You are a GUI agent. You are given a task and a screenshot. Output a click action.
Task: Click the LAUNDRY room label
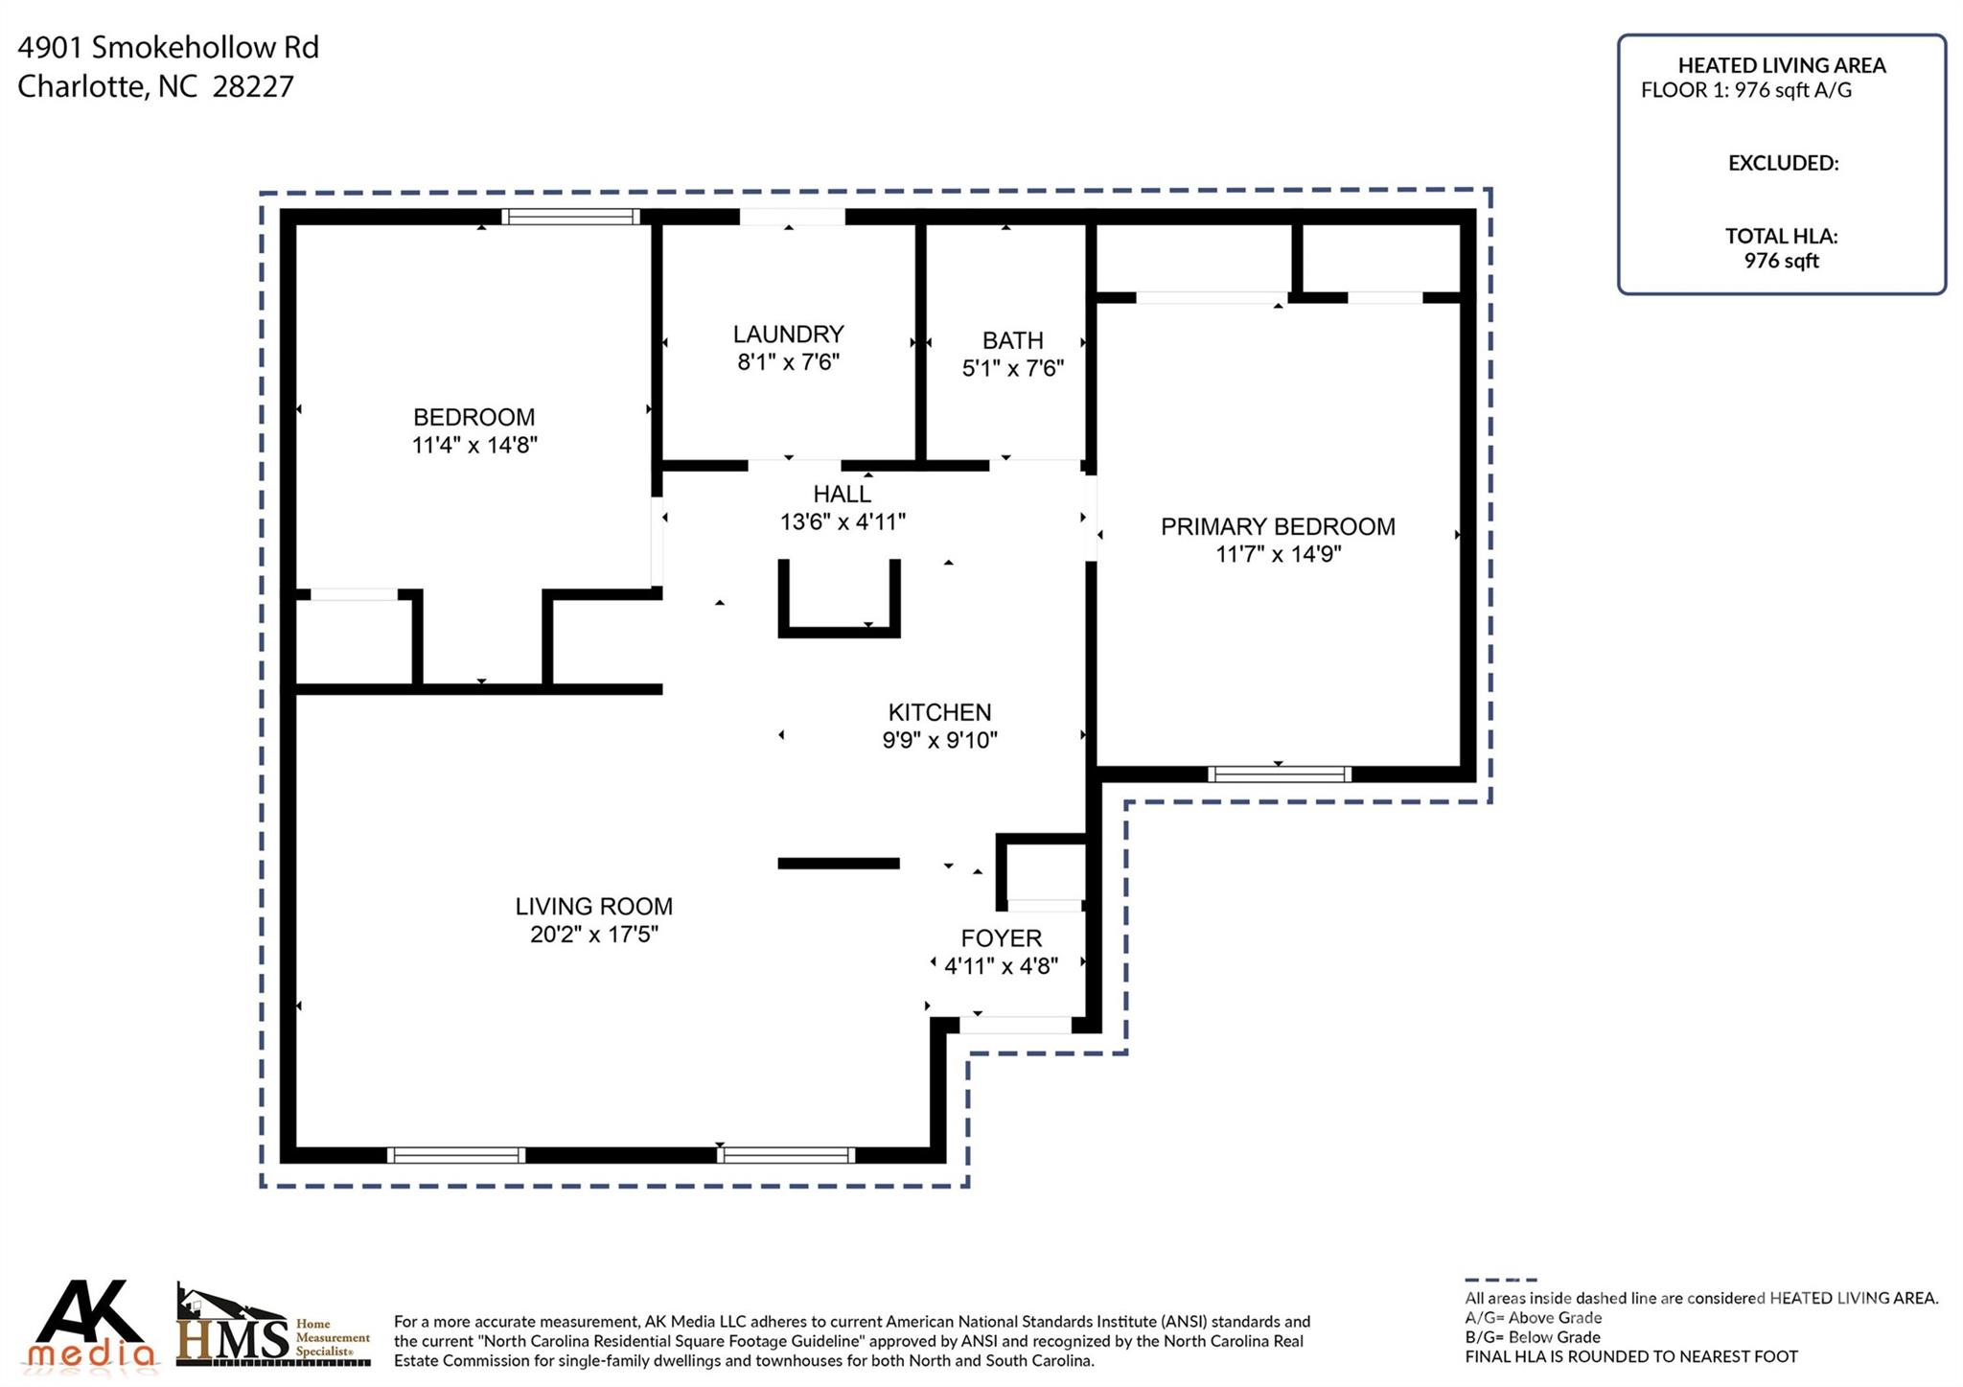point(788,334)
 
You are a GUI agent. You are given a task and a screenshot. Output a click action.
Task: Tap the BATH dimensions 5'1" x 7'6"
point(1012,368)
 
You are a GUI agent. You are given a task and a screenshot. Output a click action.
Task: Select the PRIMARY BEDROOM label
point(1277,526)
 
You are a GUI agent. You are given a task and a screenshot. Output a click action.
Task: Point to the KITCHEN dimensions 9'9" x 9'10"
point(939,740)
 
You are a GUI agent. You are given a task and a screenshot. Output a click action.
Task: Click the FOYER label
point(1001,937)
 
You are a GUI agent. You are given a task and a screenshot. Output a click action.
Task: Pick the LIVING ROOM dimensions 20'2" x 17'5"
point(593,935)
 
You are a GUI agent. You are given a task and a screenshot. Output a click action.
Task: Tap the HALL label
point(842,494)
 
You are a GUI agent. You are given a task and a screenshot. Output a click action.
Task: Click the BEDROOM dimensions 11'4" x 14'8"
point(473,445)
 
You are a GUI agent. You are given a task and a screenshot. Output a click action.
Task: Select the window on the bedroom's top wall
point(570,217)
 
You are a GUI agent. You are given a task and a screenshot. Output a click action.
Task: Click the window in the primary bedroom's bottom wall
point(1279,774)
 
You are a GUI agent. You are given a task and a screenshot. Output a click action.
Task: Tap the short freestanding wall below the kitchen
point(838,864)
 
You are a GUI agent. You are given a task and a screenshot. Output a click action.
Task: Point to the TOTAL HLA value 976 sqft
point(1781,261)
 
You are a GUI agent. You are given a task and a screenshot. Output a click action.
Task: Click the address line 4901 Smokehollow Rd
point(168,47)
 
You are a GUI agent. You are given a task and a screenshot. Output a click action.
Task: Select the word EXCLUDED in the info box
point(1782,163)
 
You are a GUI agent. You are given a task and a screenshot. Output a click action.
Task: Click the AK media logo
point(92,1325)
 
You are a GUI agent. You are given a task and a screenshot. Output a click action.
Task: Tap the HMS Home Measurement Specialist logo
point(273,1328)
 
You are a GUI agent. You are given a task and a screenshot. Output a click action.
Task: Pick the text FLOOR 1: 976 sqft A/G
point(1745,90)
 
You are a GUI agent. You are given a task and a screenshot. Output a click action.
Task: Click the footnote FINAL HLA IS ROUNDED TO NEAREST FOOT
point(1630,1356)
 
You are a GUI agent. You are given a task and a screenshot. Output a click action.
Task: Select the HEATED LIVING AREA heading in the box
point(1781,65)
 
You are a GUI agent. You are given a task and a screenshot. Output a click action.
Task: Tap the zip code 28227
point(253,86)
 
